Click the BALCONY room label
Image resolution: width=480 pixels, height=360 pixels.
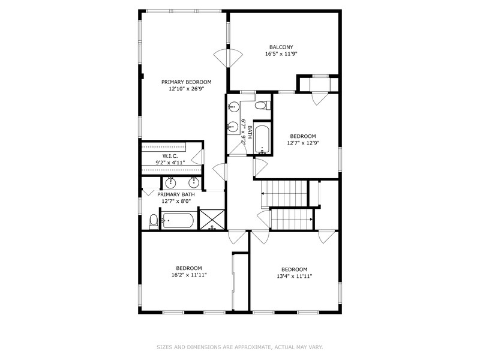click(281, 47)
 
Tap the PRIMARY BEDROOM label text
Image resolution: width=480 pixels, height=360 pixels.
click(186, 82)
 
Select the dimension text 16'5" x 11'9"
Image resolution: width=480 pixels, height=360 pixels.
click(281, 54)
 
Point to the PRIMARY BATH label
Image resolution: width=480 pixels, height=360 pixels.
click(176, 194)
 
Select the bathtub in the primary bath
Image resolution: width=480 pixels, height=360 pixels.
click(178, 221)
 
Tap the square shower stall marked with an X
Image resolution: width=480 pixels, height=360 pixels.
click(211, 220)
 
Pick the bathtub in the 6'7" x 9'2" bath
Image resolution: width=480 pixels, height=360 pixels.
click(262, 139)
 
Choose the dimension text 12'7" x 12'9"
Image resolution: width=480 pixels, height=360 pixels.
click(303, 143)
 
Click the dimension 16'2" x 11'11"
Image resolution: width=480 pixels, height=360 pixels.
click(189, 275)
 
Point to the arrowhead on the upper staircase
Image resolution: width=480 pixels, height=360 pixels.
click(263, 193)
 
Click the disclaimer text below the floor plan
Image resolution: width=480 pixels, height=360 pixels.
click(239, 347)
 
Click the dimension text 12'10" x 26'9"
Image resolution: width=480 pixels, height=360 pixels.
click(186, 89)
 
